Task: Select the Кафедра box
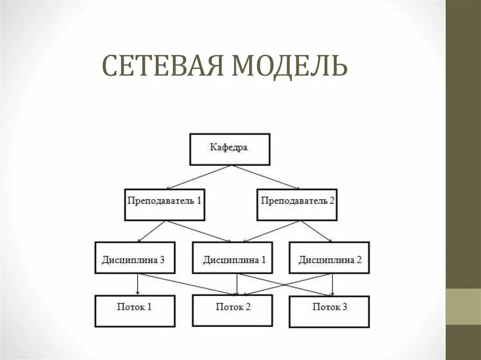click(230, 149)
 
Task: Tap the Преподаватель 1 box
click(164, 205)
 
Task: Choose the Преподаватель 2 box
click(297, 205)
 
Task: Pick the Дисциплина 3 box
click(135, 258)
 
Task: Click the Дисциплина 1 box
click(232, 258)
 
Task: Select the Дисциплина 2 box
click(329, 258)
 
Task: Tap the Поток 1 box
click(135, 311)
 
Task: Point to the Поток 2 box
click(232, 311)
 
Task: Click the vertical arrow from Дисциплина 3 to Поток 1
click(137, 284)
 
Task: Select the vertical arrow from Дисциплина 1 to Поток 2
click(237, 284)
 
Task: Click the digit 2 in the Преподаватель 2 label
click(332, 201)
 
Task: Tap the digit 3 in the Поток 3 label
click(344, 307)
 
